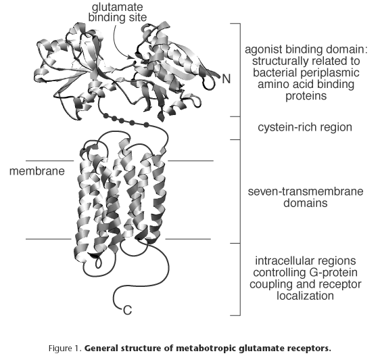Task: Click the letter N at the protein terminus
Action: pyautogui.click(x=226, y=79)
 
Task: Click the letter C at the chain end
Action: pyautogui.click(x=128, y=310)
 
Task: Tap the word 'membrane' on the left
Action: pyautogui.click(x=37, y=171)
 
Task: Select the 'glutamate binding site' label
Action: pyautogui.click(x=118, y=12)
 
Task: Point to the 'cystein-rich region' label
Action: pyautogui.click(x=305, y=128)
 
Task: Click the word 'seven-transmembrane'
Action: pyautogui.click(x=306, y=192)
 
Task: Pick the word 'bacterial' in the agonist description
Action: pyautogui.click(x=271, y=72)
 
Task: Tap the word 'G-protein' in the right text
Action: pyautogui.click(x=336, y=273)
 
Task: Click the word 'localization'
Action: pyautogui.click(x=306, y=296)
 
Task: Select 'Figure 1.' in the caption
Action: pyautogui.click(x=66, y=348)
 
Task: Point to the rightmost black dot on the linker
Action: pyautogui.click(x=146, y=125)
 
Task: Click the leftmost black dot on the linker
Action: pyautogui.click(x=105, y=116)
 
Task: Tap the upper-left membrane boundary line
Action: pyautogui.click(x=49, y=160)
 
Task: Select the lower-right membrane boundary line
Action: pyautogui.click(x=188, y=239)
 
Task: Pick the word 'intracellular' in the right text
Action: pyautogui.click(x=283, y=261)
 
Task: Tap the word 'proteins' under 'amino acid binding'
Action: pyautogui.click(x=306, y=96)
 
